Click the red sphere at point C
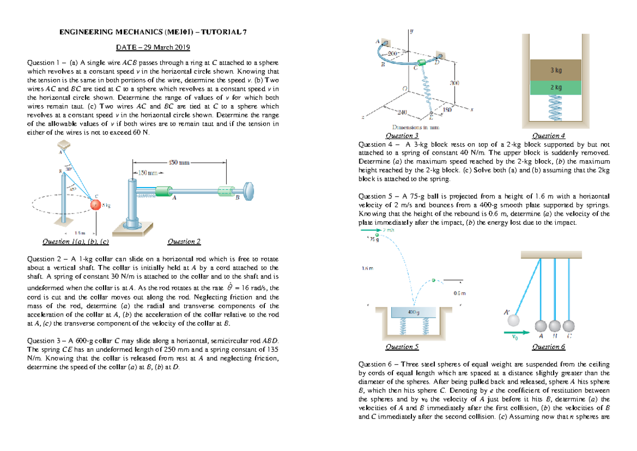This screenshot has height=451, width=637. pyautogui.click(x=95, y=205)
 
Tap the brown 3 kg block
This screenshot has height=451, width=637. pyautogui.click(x=556, y=70)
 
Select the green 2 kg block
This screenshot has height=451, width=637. pyautogui.click(x=556, y=87)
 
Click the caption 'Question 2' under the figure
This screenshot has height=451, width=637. pyautogui.click(x=184, y=242)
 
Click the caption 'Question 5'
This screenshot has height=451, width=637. pyautogui.click(x=402, y=347)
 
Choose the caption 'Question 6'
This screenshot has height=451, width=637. pyautogui.click(x=548, y=347)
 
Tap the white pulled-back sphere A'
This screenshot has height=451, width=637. pyautogui.click(x=514, y=321)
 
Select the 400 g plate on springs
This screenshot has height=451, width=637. pyautogui.click(x=413, y=312)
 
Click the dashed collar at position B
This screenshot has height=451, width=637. pyautogui.click(x=227, y=190)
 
